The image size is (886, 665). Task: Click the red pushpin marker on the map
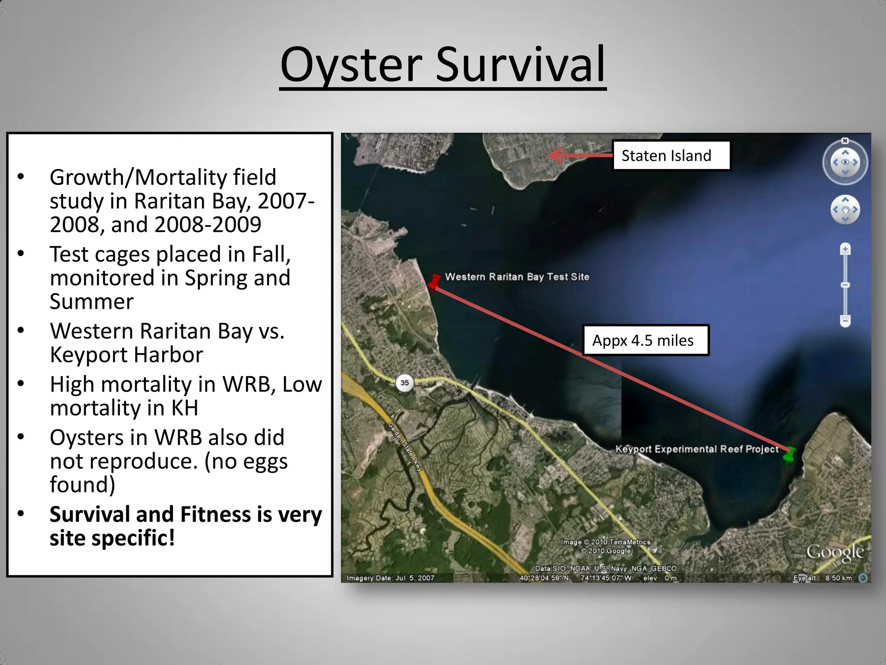[435, 281]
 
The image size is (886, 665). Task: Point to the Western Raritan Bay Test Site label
[517, 277]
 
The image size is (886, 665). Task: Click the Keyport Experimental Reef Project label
[697, 449]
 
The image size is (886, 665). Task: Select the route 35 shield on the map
[404, 383]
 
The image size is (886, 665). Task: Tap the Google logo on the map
[835, 552]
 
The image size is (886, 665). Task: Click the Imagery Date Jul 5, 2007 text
[390, 578]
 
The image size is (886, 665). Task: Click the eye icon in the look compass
[845, 162]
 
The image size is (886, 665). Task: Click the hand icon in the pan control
[845, 210]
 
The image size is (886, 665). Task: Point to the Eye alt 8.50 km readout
[822, 578]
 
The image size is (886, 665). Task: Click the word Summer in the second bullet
[92, 301]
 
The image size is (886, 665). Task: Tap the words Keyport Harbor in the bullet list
[126, 355]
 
